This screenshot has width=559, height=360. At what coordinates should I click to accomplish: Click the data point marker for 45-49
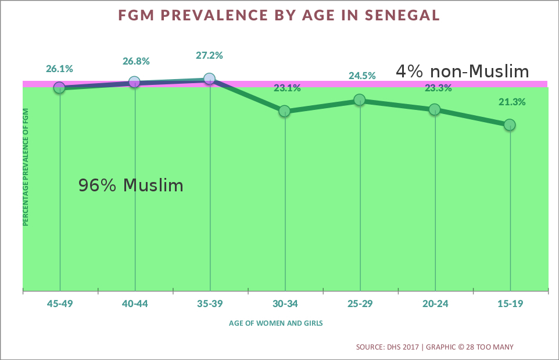pyautogui.click(x=59, y=87)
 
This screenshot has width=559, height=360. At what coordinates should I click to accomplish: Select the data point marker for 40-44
pyautogui.click(x=134, y=82)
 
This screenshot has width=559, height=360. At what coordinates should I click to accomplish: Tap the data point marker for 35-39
pyautogui.click(x=209, y=79)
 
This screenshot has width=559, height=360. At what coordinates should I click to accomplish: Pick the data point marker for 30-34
pyautogui.click(x=284, y=111)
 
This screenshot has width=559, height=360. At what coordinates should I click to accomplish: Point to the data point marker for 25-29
pyautogui.click(x=360, y=100)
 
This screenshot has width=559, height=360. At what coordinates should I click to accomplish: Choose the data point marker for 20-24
pyautogui.click(x=434, y=109)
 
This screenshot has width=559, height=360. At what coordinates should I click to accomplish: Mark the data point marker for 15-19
pyautogui.click(x=510, y=124)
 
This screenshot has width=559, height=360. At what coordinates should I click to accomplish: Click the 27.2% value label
pyautogui.click(x=210, y=56)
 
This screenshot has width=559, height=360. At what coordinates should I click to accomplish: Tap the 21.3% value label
pyautogui.click(x=512, y=102)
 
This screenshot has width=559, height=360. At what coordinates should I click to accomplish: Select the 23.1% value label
pyautogui.click(x=287, y=88)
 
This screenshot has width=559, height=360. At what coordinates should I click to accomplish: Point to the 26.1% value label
pyautogui.click(x=59, y=69)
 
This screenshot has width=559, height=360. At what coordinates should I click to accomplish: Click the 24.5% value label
pyautogui.click(x=362, y=76)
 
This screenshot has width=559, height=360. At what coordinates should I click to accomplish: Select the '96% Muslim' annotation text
pyautogui.click(x=131, y=186)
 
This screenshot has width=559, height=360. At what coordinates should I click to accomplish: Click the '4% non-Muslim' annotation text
pyautogui.click(x=463, y=72)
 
